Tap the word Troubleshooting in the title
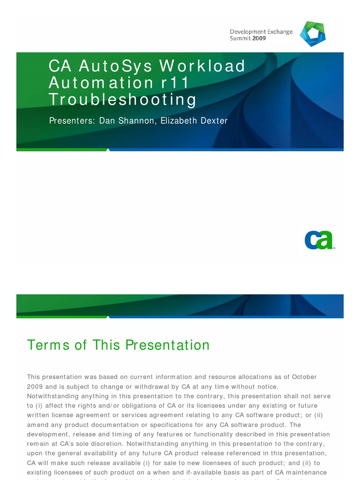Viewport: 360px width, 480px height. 122,99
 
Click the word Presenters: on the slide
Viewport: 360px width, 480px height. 72,121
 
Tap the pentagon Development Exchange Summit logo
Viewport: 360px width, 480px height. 313,34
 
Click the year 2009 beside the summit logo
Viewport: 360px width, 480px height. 259,38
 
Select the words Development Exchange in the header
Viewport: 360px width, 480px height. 261,32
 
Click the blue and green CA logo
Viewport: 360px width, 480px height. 319,240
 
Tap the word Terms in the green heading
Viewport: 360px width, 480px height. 49,345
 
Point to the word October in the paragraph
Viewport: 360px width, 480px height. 304,377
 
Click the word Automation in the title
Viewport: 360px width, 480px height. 97,83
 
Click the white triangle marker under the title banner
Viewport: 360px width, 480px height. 108,150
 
